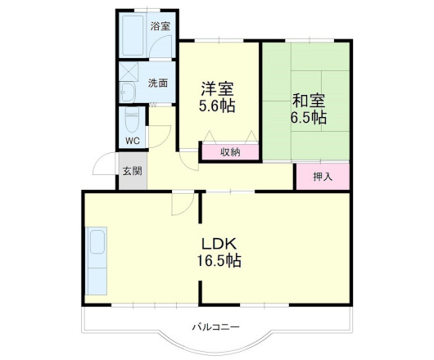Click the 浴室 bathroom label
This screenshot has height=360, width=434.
click(160, 26)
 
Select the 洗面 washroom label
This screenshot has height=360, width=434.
click(158, 83)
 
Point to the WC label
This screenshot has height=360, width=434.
click(132, 140)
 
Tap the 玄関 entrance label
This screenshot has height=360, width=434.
click(132, 171)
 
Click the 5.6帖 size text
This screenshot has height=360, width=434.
click(217, 106)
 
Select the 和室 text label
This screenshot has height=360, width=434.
click(308, 101)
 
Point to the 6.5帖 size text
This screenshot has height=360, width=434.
click(308, 119)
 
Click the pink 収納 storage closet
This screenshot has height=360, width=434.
click(231, 151)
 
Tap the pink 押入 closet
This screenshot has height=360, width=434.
click(323, 176)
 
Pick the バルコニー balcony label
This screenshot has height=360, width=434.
click(216, 326)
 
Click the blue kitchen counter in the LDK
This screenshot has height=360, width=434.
click(97, 261)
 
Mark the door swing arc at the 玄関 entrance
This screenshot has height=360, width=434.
click(104, 164)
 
